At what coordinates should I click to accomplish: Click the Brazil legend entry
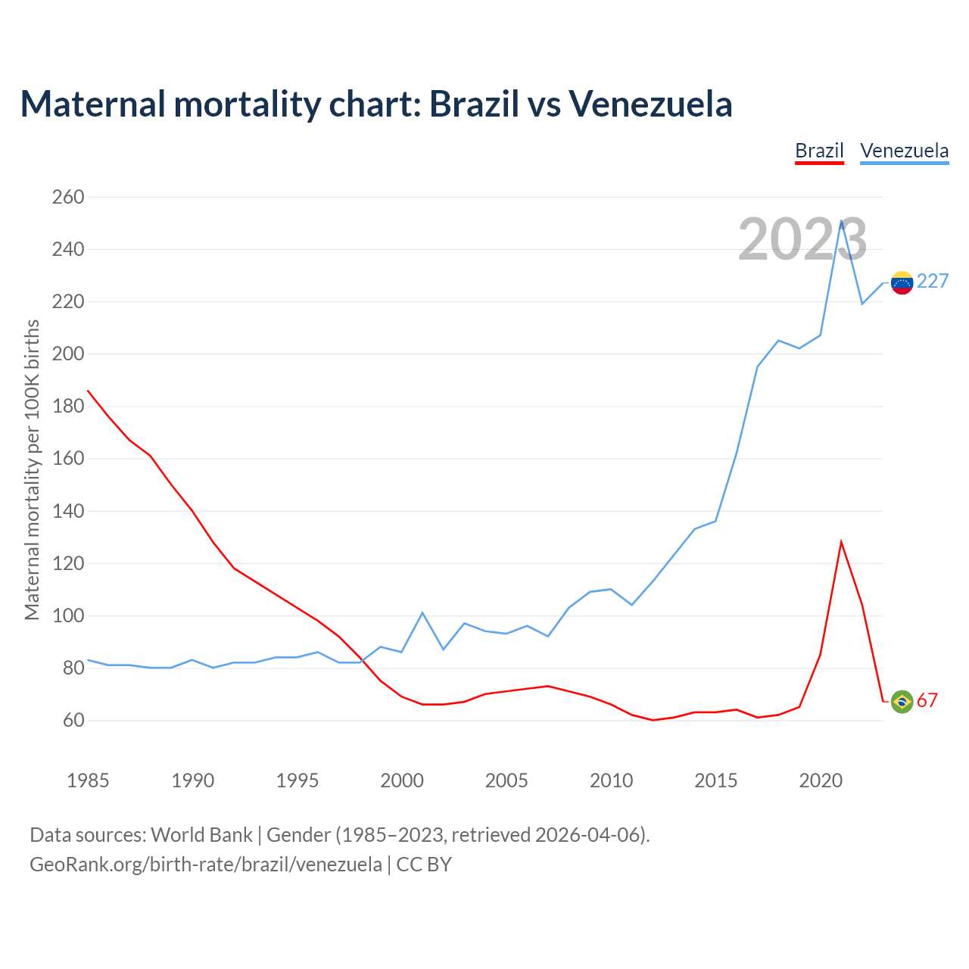click(x=819, y=151)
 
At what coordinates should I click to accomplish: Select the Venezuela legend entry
click(x=904, y=151)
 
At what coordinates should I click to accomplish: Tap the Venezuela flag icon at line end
click(x=902, y=282)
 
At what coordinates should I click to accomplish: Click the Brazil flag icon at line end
click(x=902, y=702)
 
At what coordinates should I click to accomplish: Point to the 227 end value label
click(x=933, y=282)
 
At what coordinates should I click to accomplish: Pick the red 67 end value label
click(x=927, y=701)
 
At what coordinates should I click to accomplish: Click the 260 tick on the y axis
click(x=68, y=197)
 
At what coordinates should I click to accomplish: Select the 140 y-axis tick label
click(x=68, y=511)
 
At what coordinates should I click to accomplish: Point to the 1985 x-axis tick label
click(x=88, y=780)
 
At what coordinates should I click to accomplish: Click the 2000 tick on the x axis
click(x=402, y=780)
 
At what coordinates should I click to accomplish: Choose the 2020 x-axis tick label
click(x=821, y=780)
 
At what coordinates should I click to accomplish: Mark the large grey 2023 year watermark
click(x=802, y=240)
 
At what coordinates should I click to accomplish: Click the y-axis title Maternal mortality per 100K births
click(x=32, y=469)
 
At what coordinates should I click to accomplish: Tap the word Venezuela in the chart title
click(x=650, y=104)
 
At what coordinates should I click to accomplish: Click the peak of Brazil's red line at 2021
click(x=841, y=542)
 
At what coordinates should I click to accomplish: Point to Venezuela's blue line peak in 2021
click(x=841, y=221)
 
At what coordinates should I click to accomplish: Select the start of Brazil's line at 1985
click(x=88, y=391)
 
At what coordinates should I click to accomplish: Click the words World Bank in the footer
click(x=201, y=835)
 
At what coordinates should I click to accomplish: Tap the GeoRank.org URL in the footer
click(x=206, y=865)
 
